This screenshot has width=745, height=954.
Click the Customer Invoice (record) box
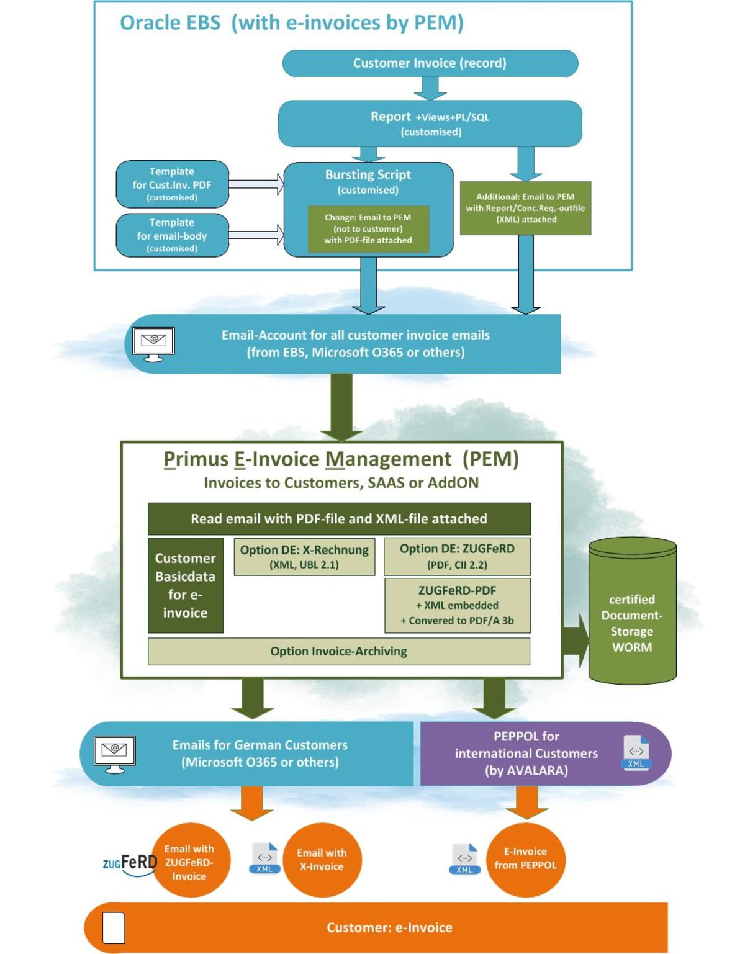pyautogui.click(x=430, y=63)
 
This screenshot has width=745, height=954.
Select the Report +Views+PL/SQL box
pyautogui.click(x=430, y=124)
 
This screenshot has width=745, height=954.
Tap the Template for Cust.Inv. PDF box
pyautogui.click(x=172, y=184)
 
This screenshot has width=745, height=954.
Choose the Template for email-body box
pyautogui.click(x=172, y=235)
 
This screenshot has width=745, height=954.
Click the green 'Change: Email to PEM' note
pyautogui.click(x=368, y=229)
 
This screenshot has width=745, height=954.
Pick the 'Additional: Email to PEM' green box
pyautogui.click(x=525, y=208)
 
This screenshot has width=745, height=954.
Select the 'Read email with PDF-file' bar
pyautogui.click(x=339, y=519)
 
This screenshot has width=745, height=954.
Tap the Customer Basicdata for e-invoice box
pyautogui.click(x=185, y=585)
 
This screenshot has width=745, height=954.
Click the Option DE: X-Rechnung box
pyautogui.click(x=304, y=557)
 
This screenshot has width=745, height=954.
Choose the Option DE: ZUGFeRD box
pyautogui.click(x=457, y=556)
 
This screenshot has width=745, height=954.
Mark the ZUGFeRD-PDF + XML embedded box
pyautogui.click(x=457, y=605)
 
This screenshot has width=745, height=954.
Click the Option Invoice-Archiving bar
pyautogui.click(x=339, y=651)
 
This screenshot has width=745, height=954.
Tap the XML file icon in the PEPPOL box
pyautogui.click(x=636, y=752)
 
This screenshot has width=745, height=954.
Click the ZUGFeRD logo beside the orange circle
pyautogui.click(x=130, y=863)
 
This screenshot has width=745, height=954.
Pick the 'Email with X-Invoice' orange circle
pyautogui.click(x=322, y=860)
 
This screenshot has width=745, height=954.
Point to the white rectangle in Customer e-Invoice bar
pyautogui.click(x=113, y=928)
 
